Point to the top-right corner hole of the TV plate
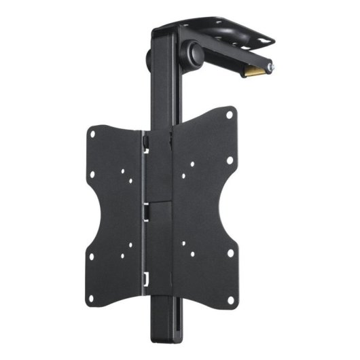229,115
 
